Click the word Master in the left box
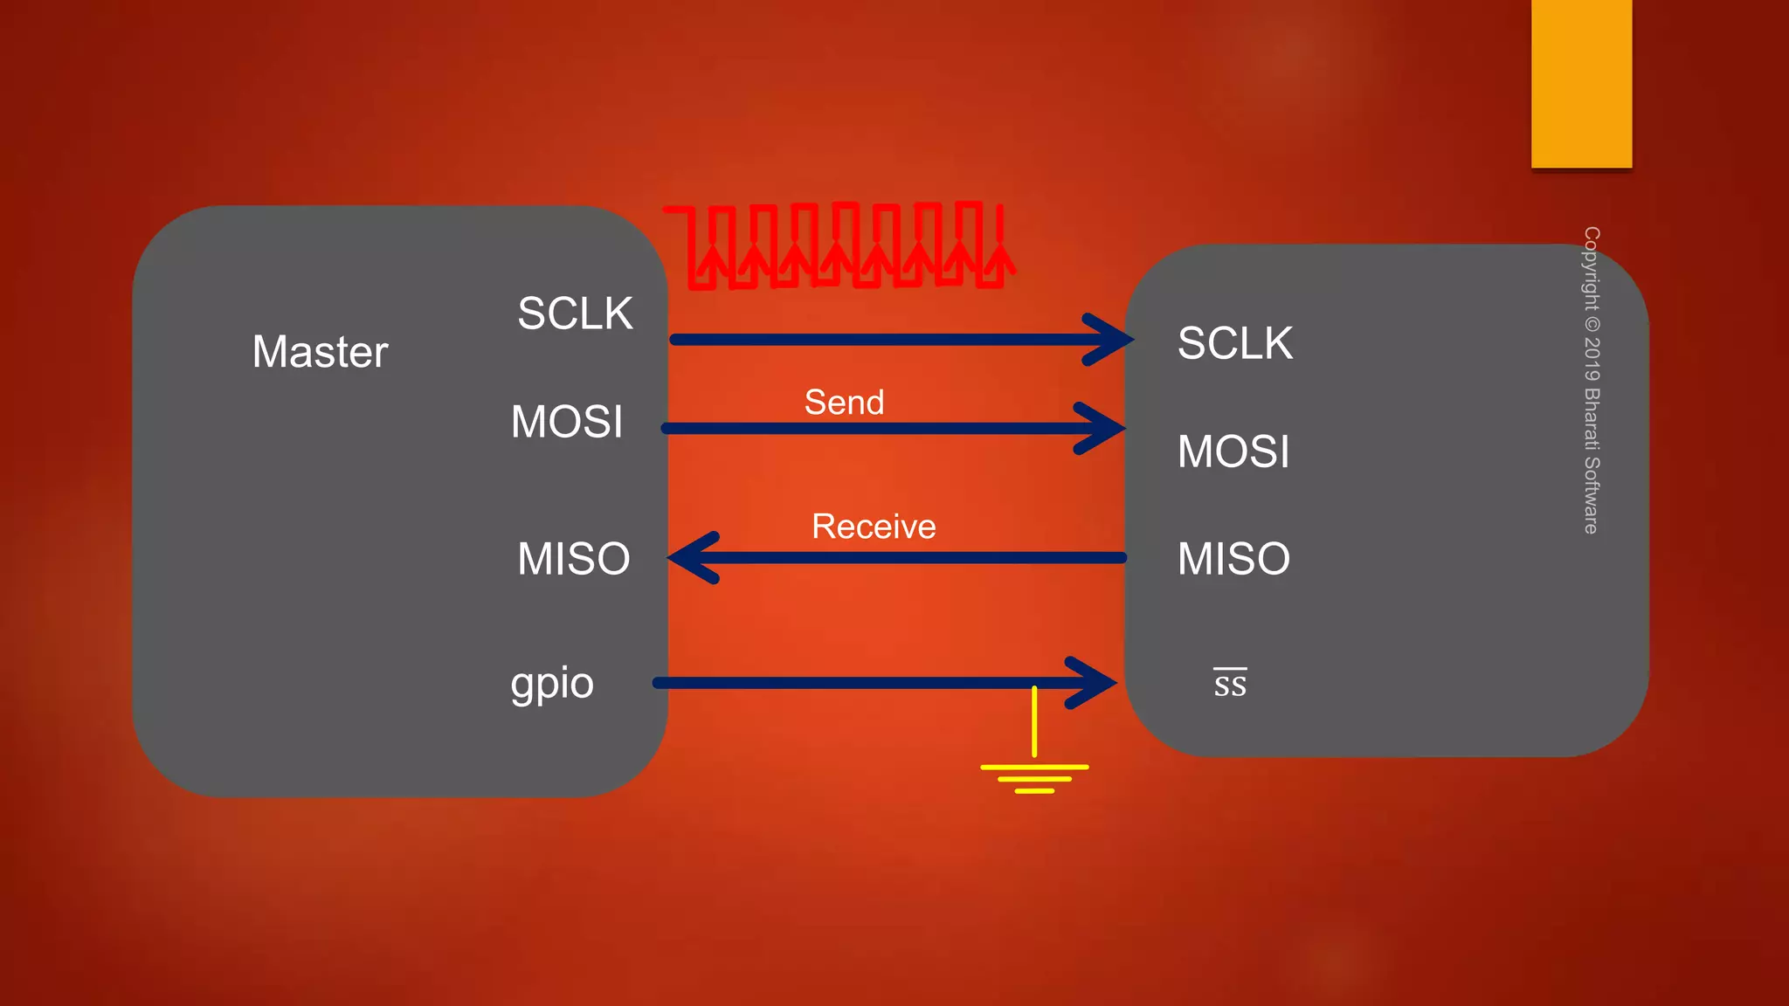[x=320, y=352]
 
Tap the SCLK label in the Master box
[x=574, y=314]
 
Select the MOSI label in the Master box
[x=567, y=422]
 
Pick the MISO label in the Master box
[x=573, y=559]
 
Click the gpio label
[x=552, y=684]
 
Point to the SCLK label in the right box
[x=1234, y=343]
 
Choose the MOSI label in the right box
[x=1233, y=451]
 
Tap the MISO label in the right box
[x=1233, y=559]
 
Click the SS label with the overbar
[x=1230, y=684]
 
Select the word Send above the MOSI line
[x=844, y=403]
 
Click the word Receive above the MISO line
[x=873, y=527]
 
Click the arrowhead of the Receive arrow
[x=693, y=557]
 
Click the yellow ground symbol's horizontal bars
[x=1034, y=777]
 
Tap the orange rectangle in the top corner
[x=1581, y=83]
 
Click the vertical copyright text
[x=1592, y=380]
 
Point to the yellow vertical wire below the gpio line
[x=1034, y=725]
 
